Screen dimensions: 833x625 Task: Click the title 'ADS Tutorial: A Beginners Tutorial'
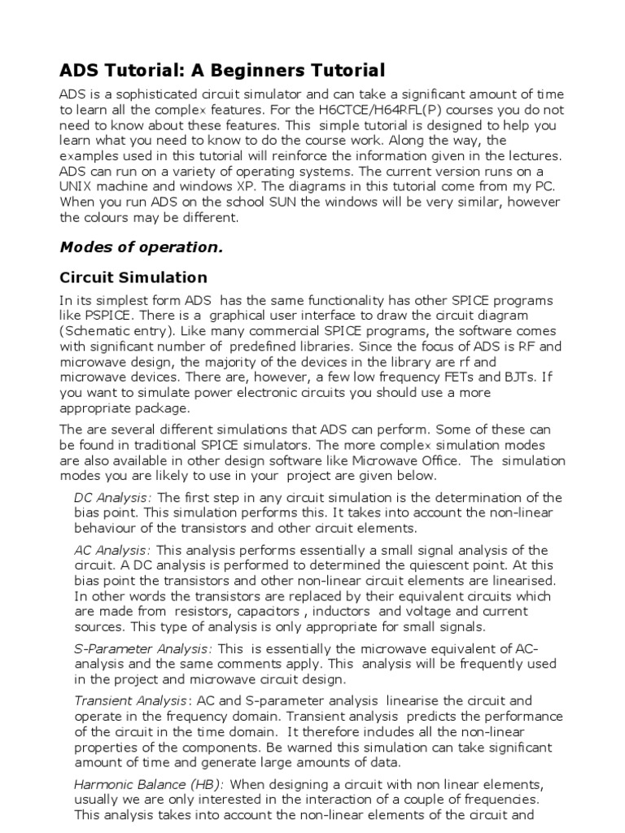pyautogui.click(x=223, y=70)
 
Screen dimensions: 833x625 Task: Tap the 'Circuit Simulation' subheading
pyautogui.click(x=134, y=277)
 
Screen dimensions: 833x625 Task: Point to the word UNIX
pyautogui.click(x=78, y=188)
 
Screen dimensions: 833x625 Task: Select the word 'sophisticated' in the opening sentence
pyautogui.click(x=153, y=95)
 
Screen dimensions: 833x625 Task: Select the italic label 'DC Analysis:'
pyautogui.click(x=115, y=498)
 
